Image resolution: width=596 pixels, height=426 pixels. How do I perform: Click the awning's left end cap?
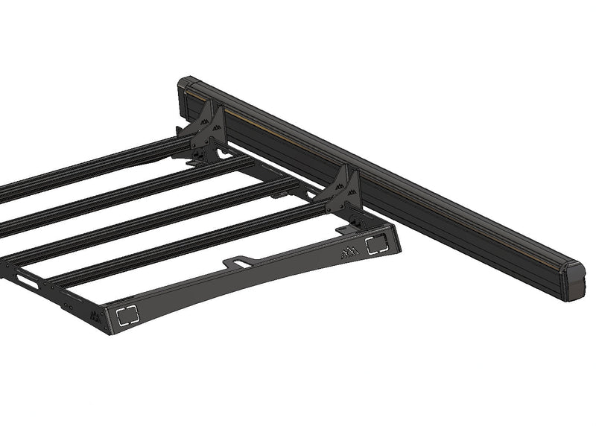pyautogui.click(x=186, y=91)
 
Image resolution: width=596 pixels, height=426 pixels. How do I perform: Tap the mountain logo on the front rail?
pyautogui.click(x=349, y=253)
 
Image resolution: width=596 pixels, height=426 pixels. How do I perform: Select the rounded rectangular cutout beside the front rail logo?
pyautogui.click(x=375, y=245)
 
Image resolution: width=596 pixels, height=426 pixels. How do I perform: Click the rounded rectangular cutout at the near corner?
pyautogui.click(x=128, y=315)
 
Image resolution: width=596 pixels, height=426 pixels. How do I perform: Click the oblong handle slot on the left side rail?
pyautogui.click(x=28, y=281)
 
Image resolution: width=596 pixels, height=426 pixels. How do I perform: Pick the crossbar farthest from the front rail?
pyautogui.click(x=89, y=164)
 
